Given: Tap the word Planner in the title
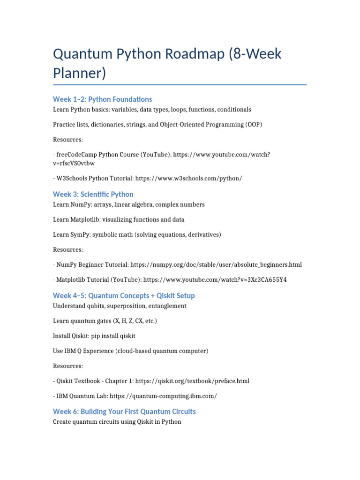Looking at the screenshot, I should coord(80,74).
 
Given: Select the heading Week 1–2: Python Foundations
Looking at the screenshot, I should coord(102,99).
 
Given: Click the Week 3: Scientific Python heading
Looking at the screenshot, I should coord(93,194).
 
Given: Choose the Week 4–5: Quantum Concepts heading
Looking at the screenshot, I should coord(124,295).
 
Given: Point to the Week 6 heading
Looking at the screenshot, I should coord(124,411).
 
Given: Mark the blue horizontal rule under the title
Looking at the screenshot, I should coord(180,85).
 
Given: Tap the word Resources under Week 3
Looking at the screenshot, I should coord(68,249).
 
